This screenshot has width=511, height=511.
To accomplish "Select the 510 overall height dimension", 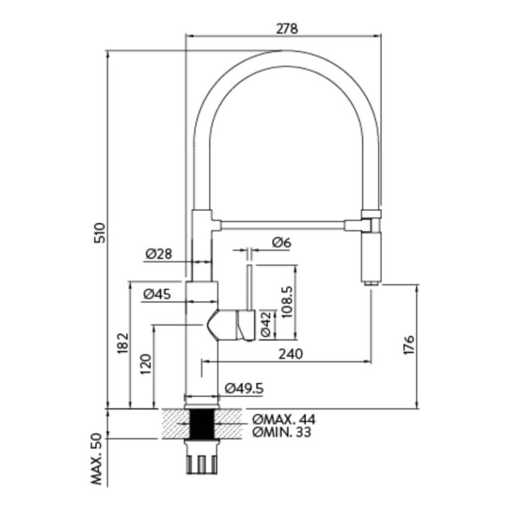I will (x=99, y=232).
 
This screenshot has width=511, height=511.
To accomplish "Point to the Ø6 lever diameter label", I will (x=281, y=244).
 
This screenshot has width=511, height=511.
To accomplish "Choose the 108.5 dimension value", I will (x=287, y=303).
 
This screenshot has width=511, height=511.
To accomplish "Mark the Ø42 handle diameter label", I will (x=265, y=325).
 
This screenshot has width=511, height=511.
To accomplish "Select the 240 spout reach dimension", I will (x=290, y=354).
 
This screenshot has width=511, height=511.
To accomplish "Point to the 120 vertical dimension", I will (x=146, y=365).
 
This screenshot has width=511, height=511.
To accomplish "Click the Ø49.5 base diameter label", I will (x=245, y=388).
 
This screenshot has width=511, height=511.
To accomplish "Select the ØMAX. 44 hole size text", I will (x=283, y=419).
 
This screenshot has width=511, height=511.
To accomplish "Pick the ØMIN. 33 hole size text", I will (x=282, y=432).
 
